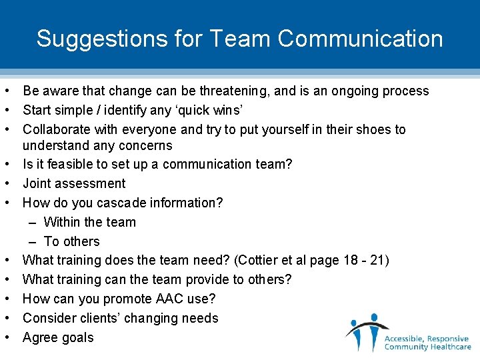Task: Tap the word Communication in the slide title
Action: (361, 39)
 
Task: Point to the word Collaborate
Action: (57, 129)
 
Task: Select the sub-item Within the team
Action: (89, 222)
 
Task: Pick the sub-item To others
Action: (71, 241)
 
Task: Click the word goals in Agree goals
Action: (77, 338)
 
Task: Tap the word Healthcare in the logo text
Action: (447, 347)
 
